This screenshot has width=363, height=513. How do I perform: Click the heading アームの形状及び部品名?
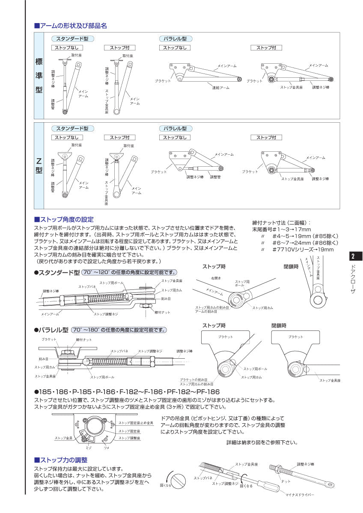click(71, 26)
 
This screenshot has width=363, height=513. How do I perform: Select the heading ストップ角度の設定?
click(64, 219)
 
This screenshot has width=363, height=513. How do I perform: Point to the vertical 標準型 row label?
click(39, 76)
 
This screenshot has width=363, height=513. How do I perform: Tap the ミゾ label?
click(89, 447)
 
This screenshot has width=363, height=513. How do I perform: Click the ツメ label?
click(106, 447)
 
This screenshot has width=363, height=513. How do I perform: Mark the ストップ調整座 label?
click(129, 438)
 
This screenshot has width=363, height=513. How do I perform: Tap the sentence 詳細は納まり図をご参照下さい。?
click(262, 442)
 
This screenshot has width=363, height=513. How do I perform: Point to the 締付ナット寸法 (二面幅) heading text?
click(282, 222)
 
